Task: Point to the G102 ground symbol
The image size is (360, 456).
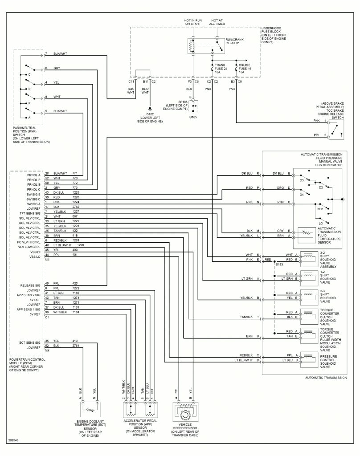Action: tap(150, 108)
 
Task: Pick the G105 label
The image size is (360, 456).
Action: tap(192, 118)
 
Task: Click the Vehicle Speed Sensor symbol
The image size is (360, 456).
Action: tap(184, 413)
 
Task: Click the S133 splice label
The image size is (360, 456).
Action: tap(279, 264)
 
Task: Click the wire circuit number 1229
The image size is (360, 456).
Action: tap(81, 244)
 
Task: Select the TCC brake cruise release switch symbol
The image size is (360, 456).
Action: tap(338, 128)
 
